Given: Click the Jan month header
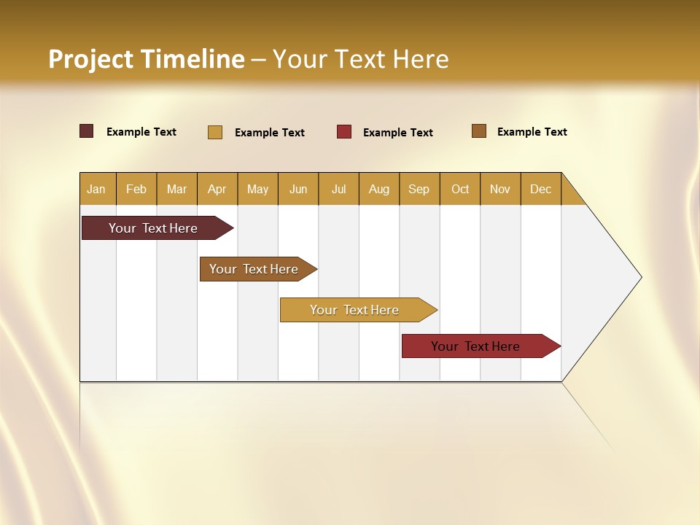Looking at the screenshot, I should [97, 189].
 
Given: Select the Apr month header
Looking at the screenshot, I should [217, 189].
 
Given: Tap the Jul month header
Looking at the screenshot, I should [338, 189].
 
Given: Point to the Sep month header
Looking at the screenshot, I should [419, 189].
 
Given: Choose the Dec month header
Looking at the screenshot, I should [540, 189].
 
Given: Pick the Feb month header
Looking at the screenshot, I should [136, 189].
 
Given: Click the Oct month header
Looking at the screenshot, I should [460, 189].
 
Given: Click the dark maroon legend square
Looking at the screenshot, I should [87, 131].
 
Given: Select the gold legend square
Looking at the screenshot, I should [215, 132].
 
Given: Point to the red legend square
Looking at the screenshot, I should [344, 132].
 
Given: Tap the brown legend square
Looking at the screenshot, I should [479, 131].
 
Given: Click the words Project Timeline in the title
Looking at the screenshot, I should [147, 59].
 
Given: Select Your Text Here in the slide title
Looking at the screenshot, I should [361, 59].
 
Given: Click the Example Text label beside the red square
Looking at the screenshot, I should [398, 133].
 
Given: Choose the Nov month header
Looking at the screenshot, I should [500, 189].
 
